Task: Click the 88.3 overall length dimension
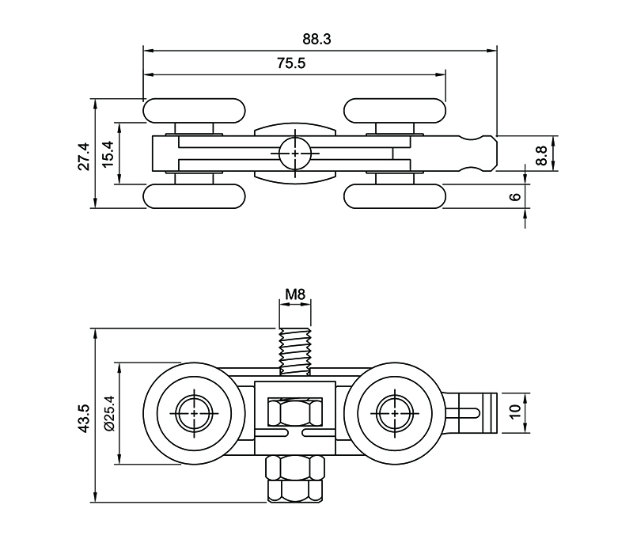click(319, 37)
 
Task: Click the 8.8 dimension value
click(540, 153)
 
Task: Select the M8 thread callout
click(295, 295)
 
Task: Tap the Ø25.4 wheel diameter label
click(109, 413)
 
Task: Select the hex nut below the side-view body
click(295, 477)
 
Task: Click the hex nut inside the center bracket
click(295, 412)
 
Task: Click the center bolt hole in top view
click(295, 153)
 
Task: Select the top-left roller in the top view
click(195, 111)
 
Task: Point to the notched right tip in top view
click(484, 153)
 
